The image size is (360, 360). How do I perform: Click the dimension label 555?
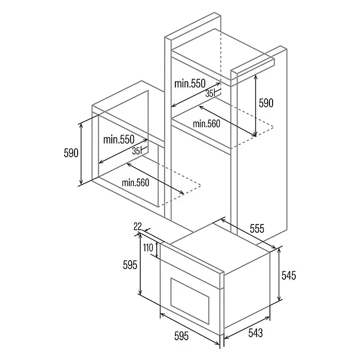tap(257, 229)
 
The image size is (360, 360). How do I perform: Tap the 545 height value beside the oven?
tap(289, 275)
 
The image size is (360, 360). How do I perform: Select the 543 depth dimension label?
tap(256, 333)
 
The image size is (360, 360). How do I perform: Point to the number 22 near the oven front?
tap(138, 227)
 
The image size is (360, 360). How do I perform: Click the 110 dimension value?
tap(148, 248)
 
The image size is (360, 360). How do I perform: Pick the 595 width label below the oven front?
tap(182, 336)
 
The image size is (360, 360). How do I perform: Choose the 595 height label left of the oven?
tap(130, 265)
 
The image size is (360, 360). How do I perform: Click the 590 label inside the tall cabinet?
tap(266, 103)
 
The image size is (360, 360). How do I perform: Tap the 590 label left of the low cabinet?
tap(71, 153)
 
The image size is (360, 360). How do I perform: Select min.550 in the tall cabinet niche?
tap(190, 84)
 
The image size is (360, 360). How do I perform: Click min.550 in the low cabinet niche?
tap(118, 139)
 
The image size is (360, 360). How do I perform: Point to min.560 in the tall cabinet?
tap(206, 124)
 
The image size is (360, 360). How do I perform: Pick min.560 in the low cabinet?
tap(136, 183)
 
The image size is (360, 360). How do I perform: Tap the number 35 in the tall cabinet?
tap(209, 94)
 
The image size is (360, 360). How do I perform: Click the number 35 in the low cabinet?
tap(136, 151)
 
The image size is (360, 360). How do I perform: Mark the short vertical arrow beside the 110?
tap(157, 249)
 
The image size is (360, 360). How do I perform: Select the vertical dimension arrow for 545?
tap(279, 274)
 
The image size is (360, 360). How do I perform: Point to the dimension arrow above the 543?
tap(247, 328)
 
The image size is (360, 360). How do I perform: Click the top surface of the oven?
tap(220, 248)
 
